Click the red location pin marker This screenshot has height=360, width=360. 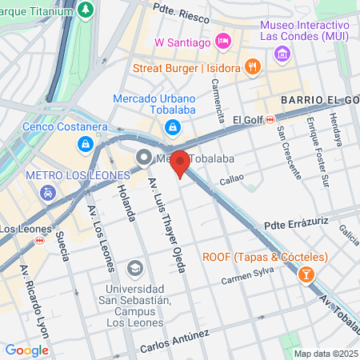point(181,162)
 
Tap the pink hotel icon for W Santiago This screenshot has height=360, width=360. point(224,39)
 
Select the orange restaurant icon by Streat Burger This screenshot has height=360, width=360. point(252,67)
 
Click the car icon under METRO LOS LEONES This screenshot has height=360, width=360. point(48,192)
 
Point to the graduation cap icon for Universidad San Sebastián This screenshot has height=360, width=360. point(136,267)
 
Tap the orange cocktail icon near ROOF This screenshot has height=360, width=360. point(305,275)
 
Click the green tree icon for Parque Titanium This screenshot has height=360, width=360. point(86,10)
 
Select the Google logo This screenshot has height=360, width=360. point(26,350)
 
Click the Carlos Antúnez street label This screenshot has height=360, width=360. point(174,341)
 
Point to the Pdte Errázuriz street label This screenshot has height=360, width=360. point(291,215)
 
